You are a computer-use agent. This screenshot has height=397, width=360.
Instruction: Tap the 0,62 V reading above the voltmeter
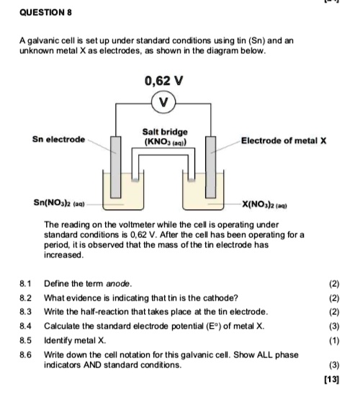[165, 81]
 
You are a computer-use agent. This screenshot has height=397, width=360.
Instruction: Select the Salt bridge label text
[165, 132]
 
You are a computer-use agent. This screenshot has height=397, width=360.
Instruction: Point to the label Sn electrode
[58, 138]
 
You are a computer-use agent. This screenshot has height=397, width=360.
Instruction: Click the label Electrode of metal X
[284, 141]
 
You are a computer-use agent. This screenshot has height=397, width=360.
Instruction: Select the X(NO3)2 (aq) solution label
[273, 204]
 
